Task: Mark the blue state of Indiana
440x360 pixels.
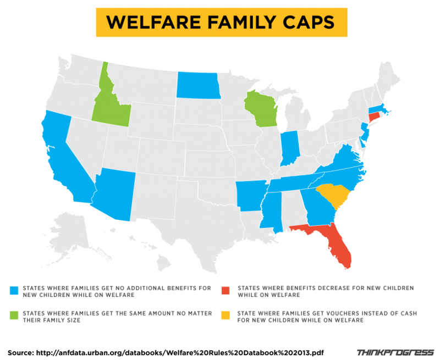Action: [289, 148]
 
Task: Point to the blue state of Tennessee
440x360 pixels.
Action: [297, 182]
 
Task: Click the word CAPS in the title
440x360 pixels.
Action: [305, 22]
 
